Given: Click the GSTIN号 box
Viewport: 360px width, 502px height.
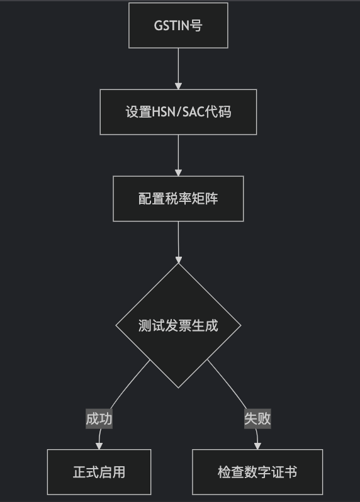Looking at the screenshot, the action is point(178,25).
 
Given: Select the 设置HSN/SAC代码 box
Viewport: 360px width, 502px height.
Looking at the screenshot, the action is point(178,112).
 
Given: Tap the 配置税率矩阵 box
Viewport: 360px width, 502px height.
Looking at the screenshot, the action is point(178,199).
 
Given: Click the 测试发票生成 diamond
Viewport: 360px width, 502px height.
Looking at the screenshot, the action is point(178,325).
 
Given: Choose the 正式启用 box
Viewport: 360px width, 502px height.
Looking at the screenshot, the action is point(99,472).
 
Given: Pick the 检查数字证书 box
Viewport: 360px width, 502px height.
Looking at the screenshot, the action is point(257,472).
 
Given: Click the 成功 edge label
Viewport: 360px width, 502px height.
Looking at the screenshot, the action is point(99,419).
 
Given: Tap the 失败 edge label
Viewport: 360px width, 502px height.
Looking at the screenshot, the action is point(257,419).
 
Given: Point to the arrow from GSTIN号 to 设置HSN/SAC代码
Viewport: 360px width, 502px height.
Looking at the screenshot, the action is point(178,69).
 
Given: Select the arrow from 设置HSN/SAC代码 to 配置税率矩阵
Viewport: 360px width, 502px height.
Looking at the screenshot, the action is point(178,155).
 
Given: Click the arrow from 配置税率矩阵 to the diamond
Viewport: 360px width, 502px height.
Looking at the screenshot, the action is point(178,242).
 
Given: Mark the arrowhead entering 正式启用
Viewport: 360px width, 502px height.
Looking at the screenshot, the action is point(99,446).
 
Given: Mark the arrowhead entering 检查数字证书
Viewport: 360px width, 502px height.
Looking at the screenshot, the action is point(257,446).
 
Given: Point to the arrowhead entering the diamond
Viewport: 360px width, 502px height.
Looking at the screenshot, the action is point(178,260).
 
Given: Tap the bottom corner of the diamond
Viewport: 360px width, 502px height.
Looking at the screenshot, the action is point(178,388).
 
